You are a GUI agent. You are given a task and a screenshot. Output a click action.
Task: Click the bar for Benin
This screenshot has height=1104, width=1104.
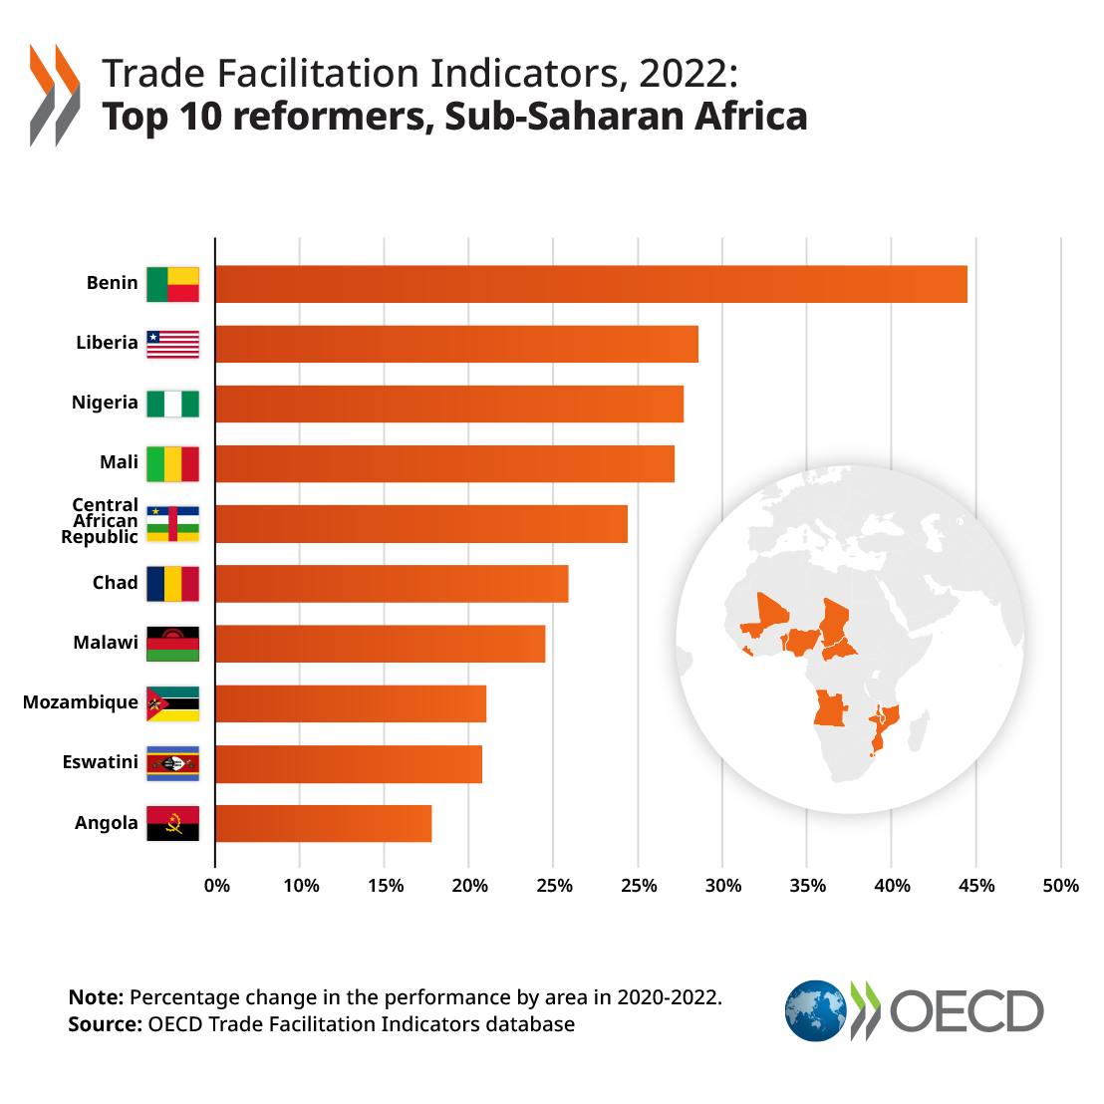tap(591, 284)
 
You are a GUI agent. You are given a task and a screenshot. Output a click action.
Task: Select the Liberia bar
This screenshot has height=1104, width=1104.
tap(456, 344)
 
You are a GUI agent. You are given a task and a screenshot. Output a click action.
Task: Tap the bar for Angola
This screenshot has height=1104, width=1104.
tap(323, 823)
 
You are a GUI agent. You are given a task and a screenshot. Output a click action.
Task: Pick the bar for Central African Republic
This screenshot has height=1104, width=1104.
tap(420, 523)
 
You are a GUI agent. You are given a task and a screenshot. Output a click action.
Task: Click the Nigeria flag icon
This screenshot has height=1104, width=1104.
tap(172, 404)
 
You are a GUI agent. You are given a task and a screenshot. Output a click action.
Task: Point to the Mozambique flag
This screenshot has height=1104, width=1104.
tap(172, 703)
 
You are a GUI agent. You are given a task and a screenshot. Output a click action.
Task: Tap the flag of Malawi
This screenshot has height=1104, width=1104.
tap(172, 644)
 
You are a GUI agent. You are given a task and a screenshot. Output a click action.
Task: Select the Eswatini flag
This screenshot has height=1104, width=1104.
tap(172, 763)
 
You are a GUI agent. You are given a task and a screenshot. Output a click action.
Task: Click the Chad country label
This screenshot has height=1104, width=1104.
tap(115, 583)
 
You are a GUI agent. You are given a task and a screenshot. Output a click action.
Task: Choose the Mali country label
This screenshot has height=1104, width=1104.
tap(119, 462)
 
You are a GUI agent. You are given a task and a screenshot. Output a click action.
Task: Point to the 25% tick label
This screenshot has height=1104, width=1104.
tap(554, 886)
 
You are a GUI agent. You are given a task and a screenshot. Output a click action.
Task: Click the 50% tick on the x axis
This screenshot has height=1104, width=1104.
tap(1060, 886)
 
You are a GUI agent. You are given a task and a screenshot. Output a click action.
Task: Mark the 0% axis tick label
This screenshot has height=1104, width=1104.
tap(216, 886)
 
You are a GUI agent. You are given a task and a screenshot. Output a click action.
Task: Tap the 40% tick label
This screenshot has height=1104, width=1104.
tap(891, 886)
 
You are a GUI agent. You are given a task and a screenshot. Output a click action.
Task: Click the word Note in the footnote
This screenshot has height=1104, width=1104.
tap(96, 997)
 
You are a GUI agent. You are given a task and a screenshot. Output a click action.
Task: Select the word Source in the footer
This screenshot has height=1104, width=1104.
tap(105, 1024)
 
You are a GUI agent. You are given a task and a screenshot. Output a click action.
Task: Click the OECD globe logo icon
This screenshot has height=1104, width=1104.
tap(815, 1010)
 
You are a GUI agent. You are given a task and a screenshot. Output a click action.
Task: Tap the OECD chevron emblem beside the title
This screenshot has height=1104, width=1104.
tap(55, 95)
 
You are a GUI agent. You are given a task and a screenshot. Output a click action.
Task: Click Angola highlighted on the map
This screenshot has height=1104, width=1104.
tap(829, 708)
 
